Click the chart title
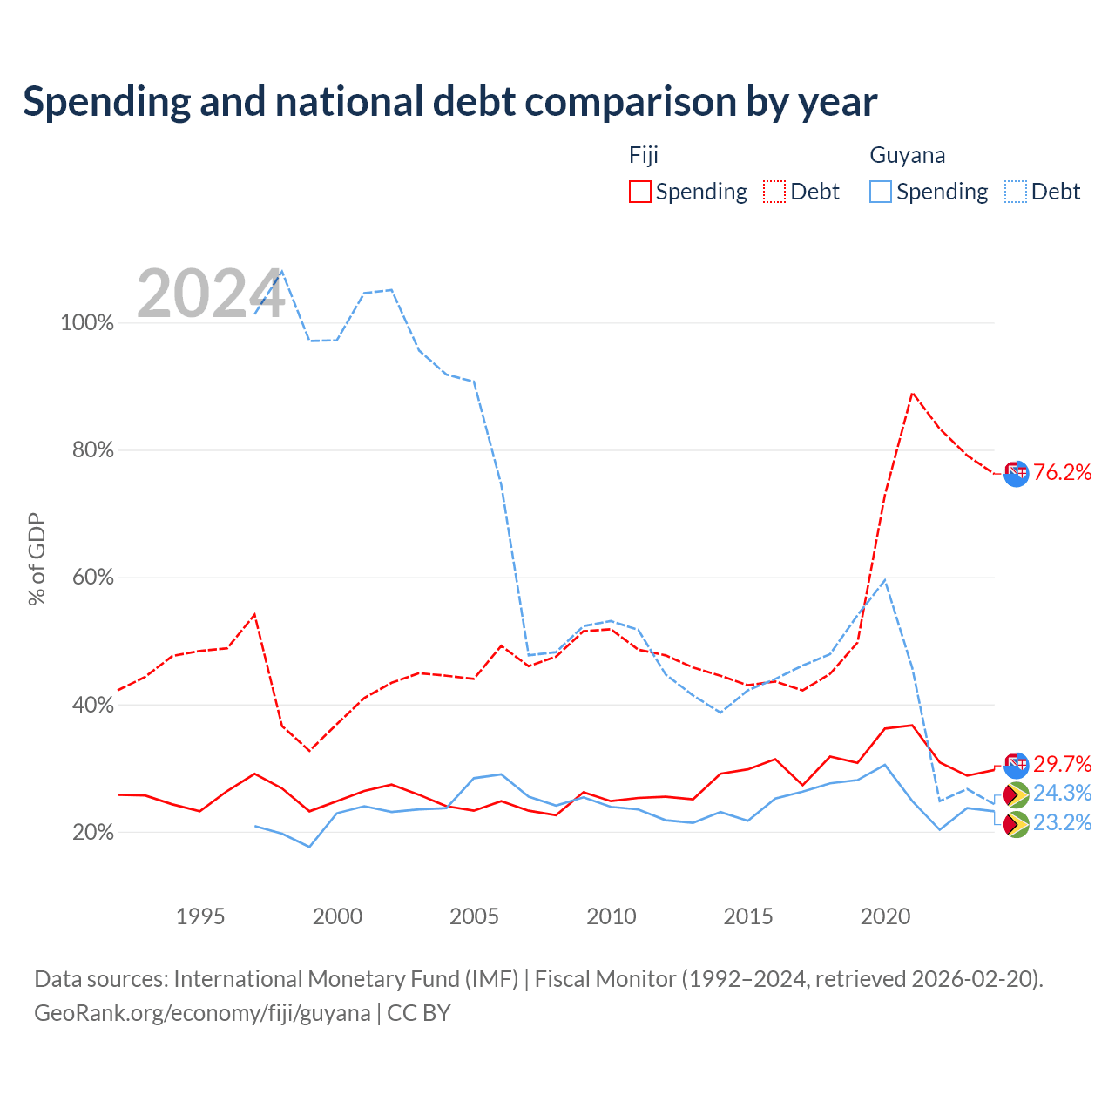(449, 102)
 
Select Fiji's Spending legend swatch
(639, 192)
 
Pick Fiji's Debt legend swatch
(774, 192)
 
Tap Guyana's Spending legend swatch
(880, 192)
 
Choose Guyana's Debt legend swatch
(1015, 192)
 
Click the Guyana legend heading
(907, 155)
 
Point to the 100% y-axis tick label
(87, 322)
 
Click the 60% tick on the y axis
(92, 577)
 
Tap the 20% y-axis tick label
(92, 832)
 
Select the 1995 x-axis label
(199, 916)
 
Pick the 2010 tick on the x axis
(611, 916)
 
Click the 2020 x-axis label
(885, 916)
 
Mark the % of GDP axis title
(37, 559)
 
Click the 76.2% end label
(1062, 472)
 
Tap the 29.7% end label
(1062, 764)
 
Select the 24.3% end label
(1062, 793)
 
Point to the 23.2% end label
(1062, 822)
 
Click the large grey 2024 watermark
(211, 294)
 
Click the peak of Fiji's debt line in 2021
(913, 394)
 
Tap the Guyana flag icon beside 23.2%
(1016, 825)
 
